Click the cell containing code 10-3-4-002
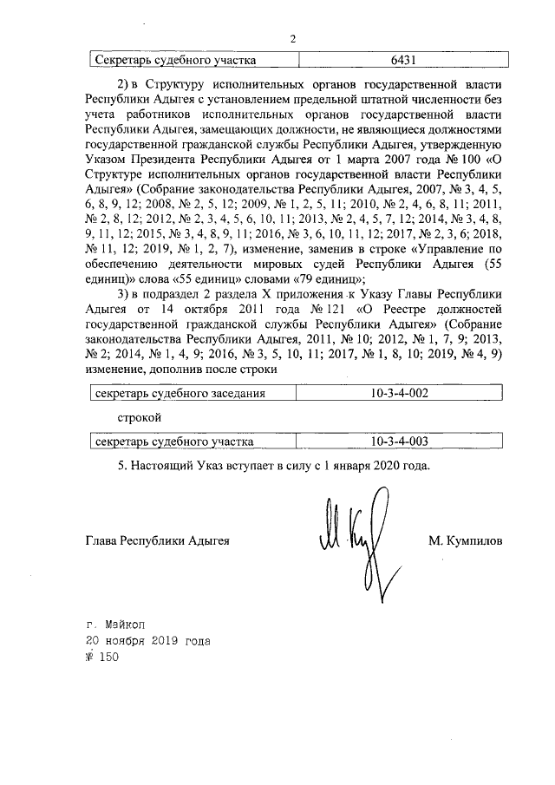399,394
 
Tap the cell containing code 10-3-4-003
399,442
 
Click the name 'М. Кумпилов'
465,540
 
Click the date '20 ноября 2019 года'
147,641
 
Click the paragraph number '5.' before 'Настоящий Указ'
122,466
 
